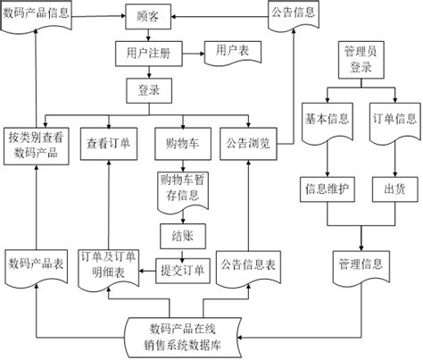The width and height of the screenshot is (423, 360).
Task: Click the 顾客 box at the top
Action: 148,17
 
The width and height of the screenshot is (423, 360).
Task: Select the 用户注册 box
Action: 149,53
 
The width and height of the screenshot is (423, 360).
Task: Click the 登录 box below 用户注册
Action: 149,89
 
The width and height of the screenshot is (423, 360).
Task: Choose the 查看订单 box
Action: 107,142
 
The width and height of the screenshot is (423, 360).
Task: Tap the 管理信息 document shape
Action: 360,265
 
